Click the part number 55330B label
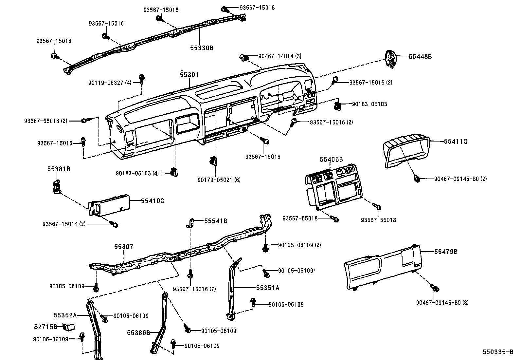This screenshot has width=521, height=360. point(202,48)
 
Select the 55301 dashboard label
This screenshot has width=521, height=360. point(189,75)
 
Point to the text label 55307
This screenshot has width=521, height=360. point(124,247)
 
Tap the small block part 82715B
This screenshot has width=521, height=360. point(69,327)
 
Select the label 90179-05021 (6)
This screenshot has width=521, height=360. point(219,180)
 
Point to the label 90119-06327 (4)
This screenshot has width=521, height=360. point(110,83)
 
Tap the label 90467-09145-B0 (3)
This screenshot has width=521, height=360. point(442,303)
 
